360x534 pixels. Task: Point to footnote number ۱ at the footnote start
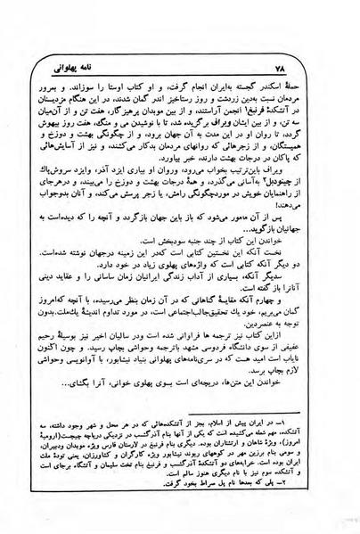(x=308, y=456)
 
